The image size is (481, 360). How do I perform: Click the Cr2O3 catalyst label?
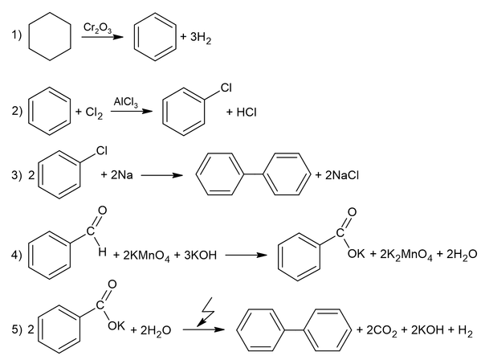pos(97,28)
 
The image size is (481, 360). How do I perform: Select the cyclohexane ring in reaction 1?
pos(29,37)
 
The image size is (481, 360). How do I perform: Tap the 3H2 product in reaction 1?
pos(201,38)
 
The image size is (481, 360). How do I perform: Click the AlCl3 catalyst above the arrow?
pos(126,102)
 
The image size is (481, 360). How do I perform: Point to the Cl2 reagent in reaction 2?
pos(94,112)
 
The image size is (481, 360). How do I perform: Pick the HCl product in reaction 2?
pos(247,112)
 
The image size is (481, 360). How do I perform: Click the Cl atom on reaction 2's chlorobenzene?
pos(226,88)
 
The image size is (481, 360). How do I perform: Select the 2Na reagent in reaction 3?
pos(122,175)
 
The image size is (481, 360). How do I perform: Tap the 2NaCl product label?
pos(342,175)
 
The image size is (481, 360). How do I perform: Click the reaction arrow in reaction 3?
pos(161,175)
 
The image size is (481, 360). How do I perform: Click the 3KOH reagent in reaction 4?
pos(200,255)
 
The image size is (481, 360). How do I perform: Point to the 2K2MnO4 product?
pos(406,255)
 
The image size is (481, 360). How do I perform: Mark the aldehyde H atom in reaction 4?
pos(103,252)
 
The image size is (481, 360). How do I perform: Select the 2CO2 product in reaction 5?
pos(381,330)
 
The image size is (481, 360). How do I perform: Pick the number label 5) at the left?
pos(17,330)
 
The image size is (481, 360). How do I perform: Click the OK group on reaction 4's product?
pos(357,254)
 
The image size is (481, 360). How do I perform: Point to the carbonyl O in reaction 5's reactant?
pos(112,284)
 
